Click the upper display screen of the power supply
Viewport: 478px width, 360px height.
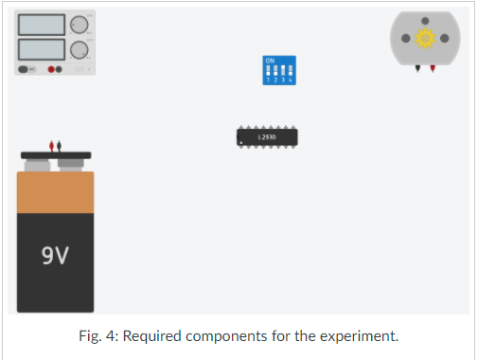[41, 24]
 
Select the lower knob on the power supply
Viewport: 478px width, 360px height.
[79, 48]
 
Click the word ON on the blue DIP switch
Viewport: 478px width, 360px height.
[270, 61]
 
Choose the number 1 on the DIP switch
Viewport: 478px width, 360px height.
[268, 81]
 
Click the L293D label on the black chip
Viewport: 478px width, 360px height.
[268, 137]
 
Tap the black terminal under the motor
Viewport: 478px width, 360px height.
[416, 70]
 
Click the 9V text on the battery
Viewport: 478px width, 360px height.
[55, 255]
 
